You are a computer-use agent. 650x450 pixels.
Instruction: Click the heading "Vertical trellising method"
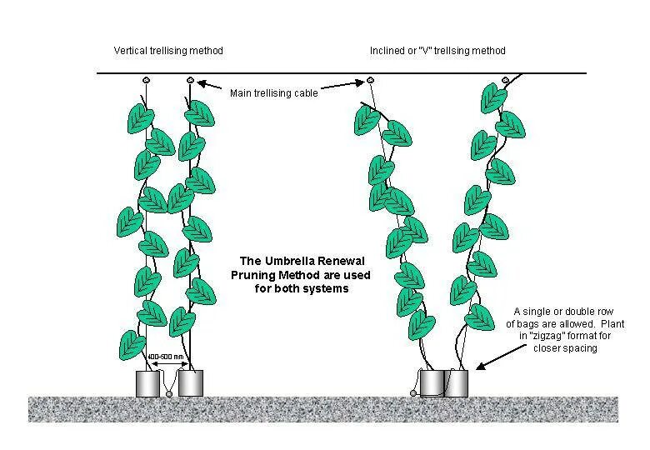tap(168, 51)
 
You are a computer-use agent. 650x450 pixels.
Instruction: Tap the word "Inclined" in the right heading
tap(387, 51)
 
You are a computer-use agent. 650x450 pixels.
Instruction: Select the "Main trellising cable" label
tap(273, 93)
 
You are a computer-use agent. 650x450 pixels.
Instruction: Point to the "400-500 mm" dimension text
tap(165, 357)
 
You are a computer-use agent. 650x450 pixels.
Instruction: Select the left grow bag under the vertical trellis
tap(148, 383)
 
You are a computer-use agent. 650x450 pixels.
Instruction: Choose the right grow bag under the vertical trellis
tap(191, 383)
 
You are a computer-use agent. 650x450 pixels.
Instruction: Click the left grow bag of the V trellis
tap(432, 383)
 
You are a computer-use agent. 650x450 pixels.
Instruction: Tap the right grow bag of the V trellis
tap(457, 383)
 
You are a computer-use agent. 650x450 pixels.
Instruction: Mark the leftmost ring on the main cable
tap(146, 80)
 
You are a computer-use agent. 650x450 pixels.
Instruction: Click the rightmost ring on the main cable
tap(505, 80)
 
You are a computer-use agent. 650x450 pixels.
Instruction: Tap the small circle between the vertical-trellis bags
tap(169, 393)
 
